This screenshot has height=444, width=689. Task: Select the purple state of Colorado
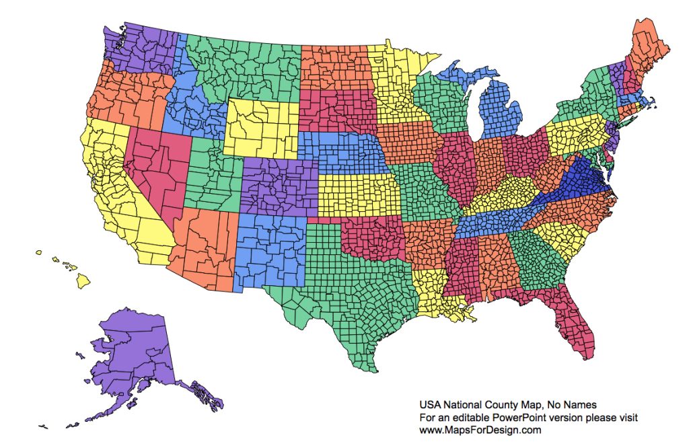point(280,188)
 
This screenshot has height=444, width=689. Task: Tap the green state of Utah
point(212,178)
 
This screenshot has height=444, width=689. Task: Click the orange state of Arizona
point(202,249)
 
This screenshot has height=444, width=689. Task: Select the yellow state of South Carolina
point(562,239)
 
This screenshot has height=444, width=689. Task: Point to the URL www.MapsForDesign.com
point(480,430)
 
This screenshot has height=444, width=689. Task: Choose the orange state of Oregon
point(128,98)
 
